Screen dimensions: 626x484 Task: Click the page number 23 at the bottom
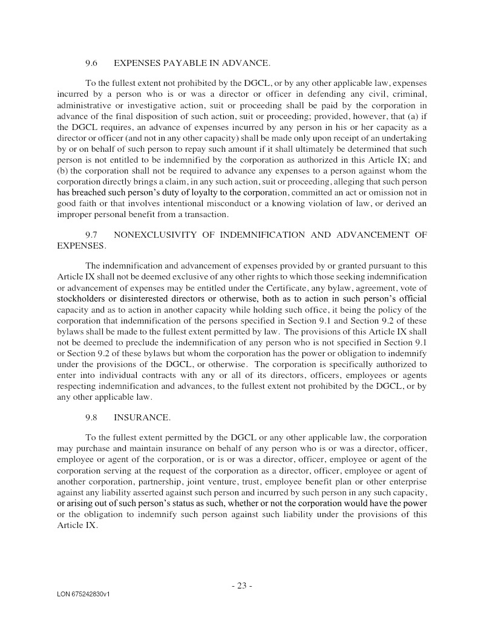pyautogui.click(x=241, y=585)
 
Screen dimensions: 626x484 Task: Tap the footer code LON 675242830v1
pyautogui.click(x=83, y=595)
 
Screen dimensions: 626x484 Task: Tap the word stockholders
pyautogui.click(x=81, y=299)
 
